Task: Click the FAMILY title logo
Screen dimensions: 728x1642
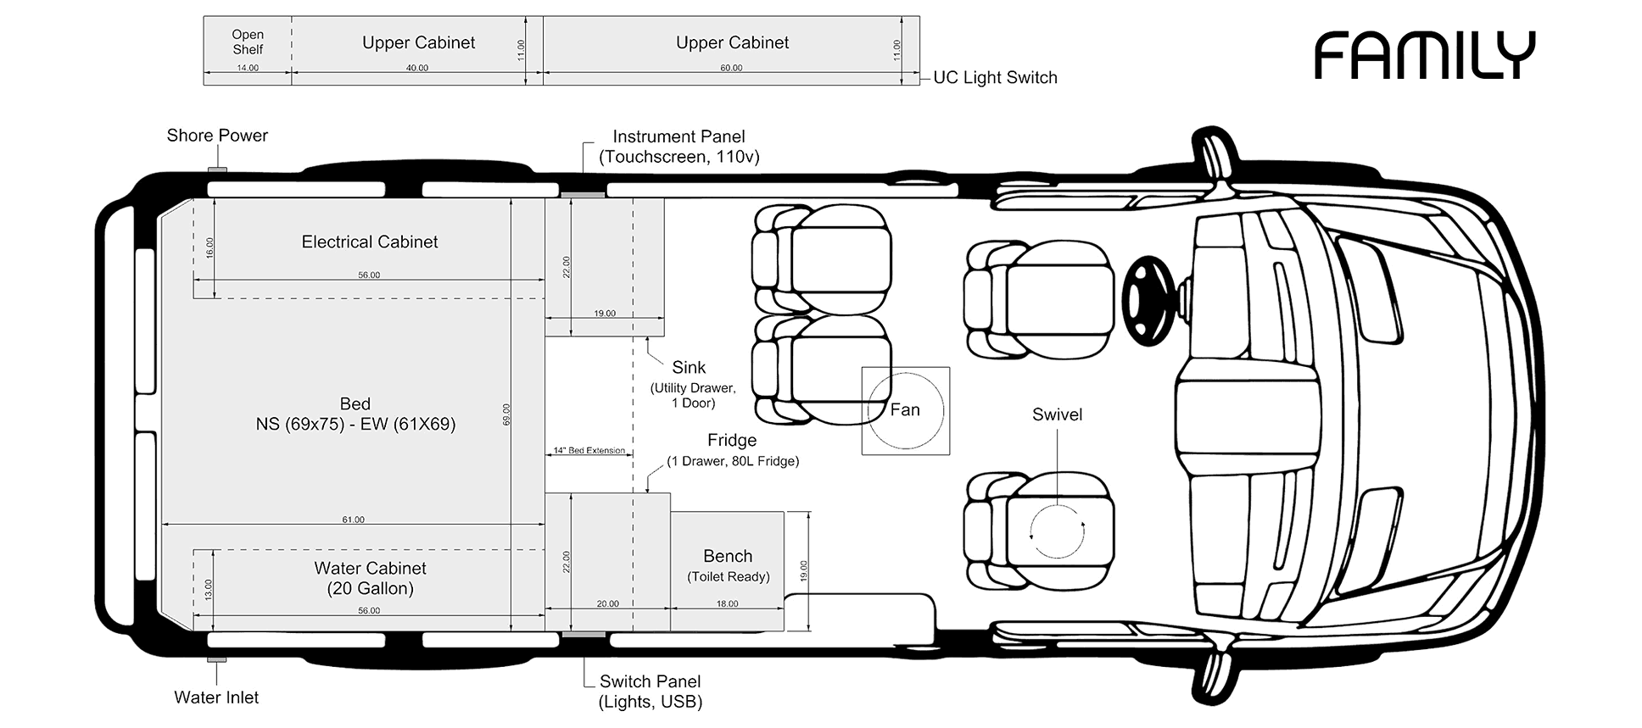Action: [1424, 56]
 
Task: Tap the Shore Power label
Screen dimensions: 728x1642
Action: [217, 136]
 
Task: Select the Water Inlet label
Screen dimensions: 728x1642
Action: [216, 697]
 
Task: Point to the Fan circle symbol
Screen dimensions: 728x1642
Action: [905, 410]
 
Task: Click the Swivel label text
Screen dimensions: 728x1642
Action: [1057, 414]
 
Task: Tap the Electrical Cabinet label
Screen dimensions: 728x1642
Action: [370, 242]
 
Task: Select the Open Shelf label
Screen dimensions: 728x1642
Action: [248, 42]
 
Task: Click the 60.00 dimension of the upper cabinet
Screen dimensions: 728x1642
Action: [731, 68]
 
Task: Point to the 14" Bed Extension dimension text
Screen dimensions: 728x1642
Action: [589, 451]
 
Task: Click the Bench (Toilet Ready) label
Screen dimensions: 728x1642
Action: [728, 565]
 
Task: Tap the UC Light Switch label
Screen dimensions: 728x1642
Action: [995, 78]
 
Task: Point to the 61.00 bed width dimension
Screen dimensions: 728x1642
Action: [353, 520]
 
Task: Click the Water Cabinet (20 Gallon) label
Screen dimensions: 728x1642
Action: [370, 578]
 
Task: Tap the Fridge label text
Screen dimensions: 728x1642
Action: [732, 441]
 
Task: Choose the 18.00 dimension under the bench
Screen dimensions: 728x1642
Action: [727, 604]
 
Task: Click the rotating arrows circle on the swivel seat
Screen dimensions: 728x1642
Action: [1057, 531]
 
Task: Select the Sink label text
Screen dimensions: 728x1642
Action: [689, 368]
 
